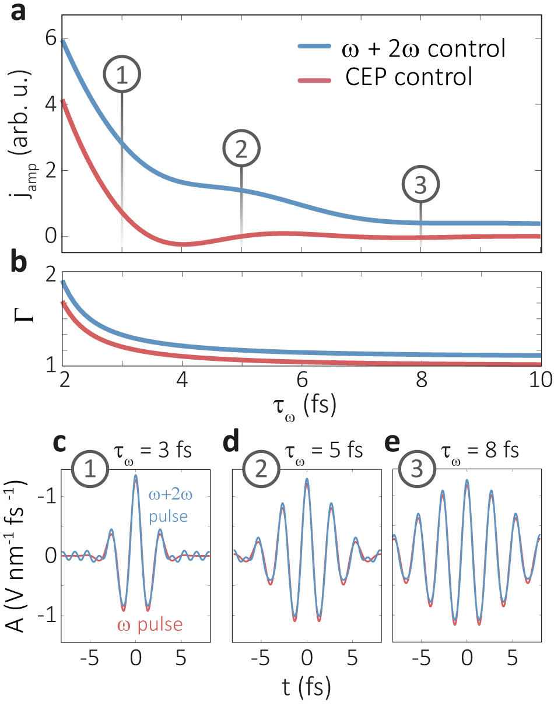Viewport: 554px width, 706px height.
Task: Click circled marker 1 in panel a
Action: (122, 76)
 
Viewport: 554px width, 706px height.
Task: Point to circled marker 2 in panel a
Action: (241, 149)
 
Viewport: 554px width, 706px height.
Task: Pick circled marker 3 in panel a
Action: (420, 185)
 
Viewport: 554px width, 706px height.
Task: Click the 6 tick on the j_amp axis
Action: (49, 39)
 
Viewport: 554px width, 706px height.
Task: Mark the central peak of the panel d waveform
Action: (307, 479)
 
